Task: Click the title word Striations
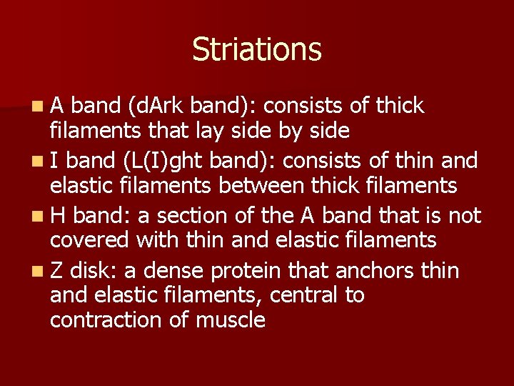[256, 49]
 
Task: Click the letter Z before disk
[56, 270]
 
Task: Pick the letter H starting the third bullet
[58, 215]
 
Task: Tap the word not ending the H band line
[465, 215]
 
